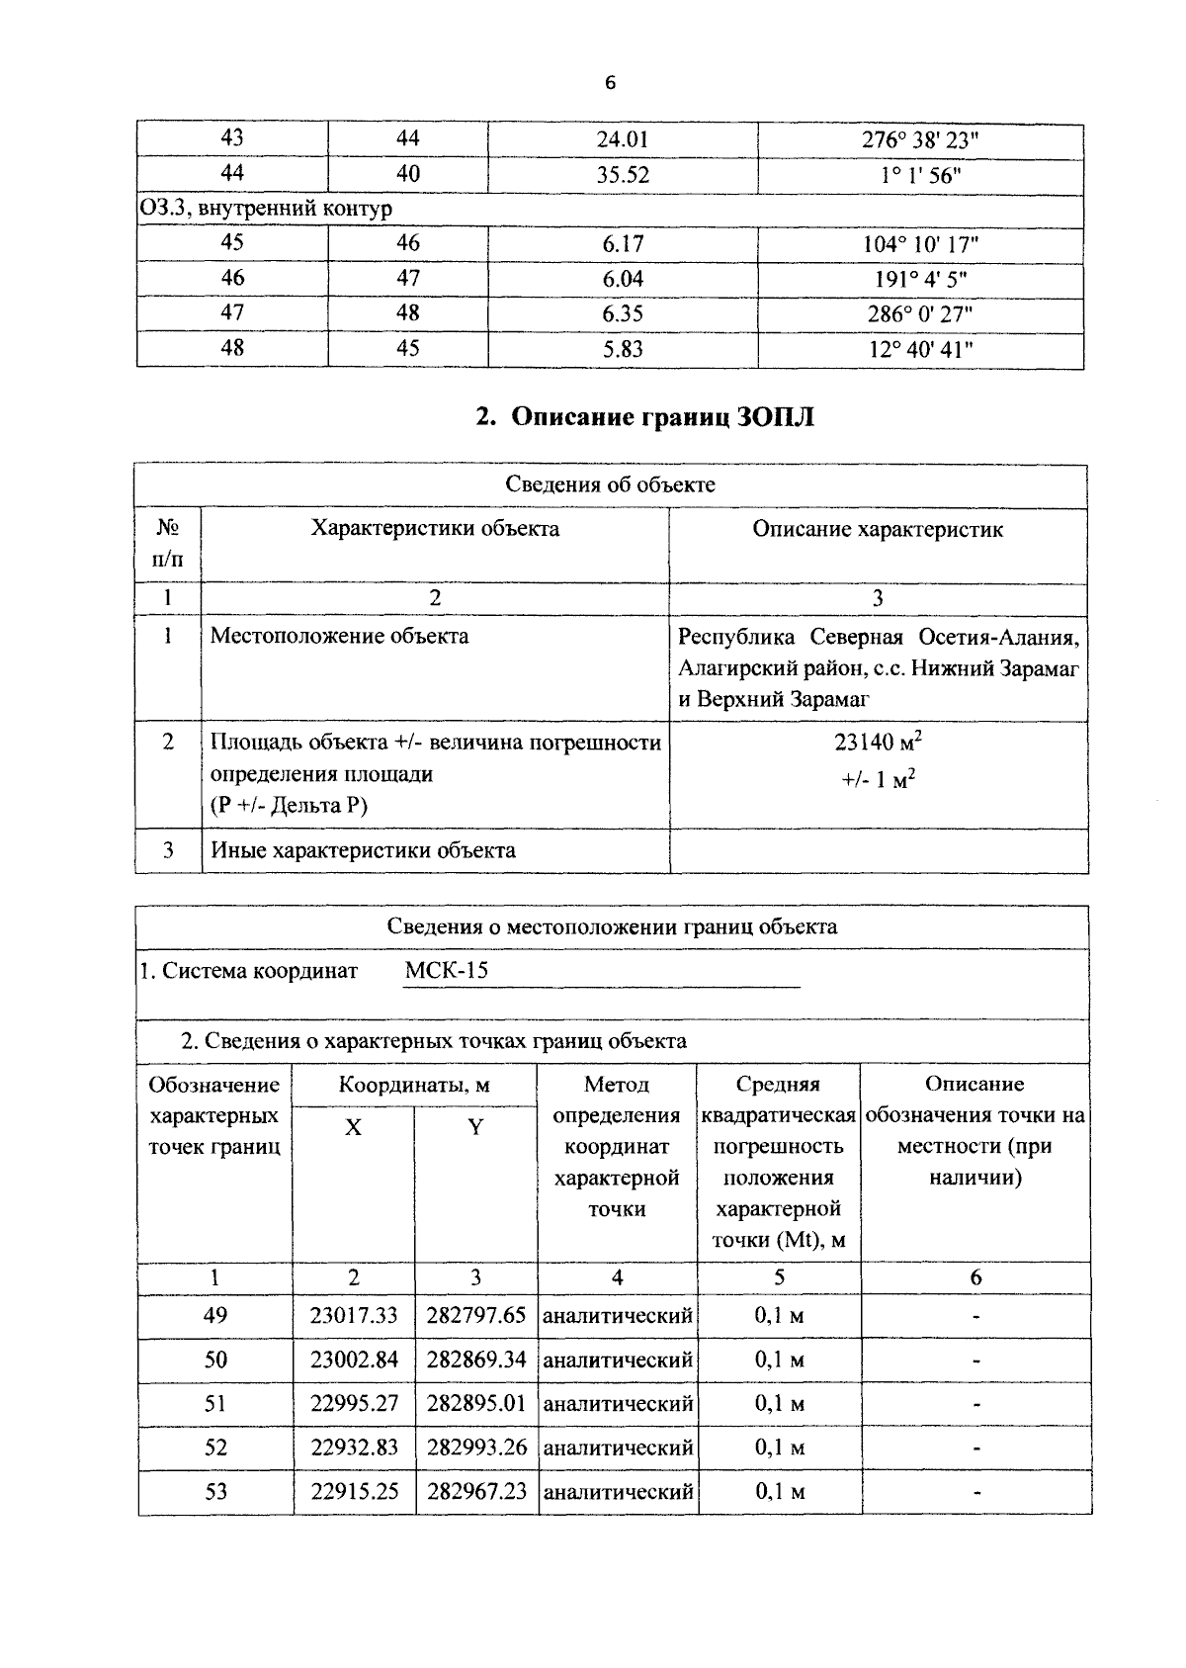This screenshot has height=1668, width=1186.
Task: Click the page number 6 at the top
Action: (x=610, y=84)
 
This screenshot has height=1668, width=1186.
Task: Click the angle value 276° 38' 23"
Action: (x=920, y=140)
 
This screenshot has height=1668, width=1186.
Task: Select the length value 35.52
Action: (x=623, y=175)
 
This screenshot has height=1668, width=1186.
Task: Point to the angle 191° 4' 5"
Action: (x=920, y=279)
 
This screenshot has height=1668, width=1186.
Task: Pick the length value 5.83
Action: (x=623, y=349)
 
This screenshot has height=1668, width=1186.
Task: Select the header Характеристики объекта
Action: (x=435, y=529)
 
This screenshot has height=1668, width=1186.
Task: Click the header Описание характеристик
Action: (x=878, y=530)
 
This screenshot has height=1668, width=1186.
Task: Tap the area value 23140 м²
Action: (x=878, y=743)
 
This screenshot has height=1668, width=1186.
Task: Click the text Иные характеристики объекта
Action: (x=363, y=850)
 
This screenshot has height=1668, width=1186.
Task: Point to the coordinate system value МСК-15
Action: (x=447, y=970)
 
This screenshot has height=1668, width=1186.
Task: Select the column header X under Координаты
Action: (x=353, y=1128)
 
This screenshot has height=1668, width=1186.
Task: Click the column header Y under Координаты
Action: (x=475, y=1128)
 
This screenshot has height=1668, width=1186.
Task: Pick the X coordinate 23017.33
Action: (x=354, y=1316)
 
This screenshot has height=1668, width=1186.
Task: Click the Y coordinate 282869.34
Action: (x=476, y=1360)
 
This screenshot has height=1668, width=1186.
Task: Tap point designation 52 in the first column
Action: (x=215, y=1448)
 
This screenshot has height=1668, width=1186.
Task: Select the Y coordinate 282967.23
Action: (x=476, y=1491)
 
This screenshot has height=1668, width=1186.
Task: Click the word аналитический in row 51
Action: (x=618, y=1404)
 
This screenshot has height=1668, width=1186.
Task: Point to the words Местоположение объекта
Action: (x=339, y=636)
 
